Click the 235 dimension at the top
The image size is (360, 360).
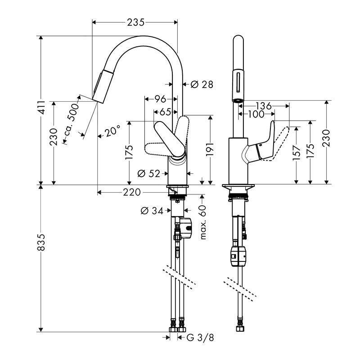135,22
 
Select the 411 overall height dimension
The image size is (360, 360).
41,107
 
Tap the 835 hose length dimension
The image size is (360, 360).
41,243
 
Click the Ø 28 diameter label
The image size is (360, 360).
201,84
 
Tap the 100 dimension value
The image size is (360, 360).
256,115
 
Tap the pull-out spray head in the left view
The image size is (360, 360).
100,85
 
